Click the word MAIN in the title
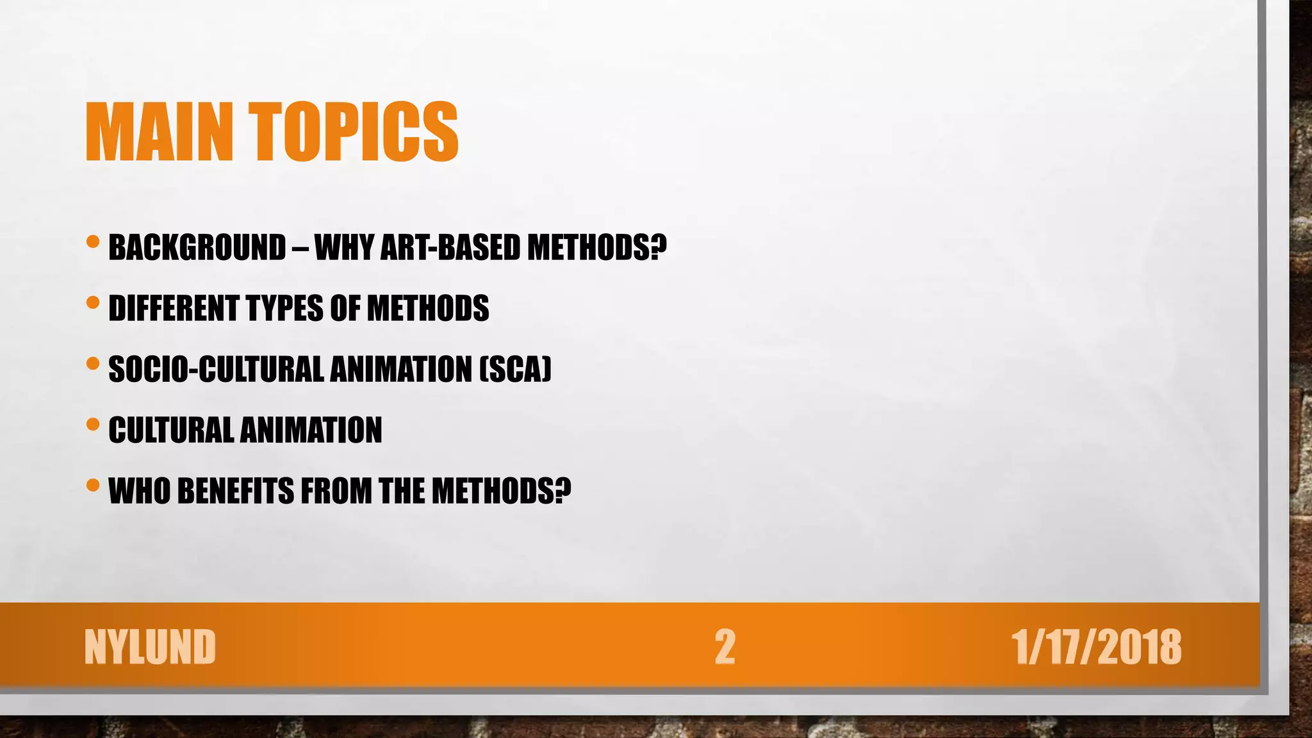pyautogui.click(x=159, y=132)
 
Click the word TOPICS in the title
pyautogui.click(x=354, y=132)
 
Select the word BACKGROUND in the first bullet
pyautogui.click(x=197, y=248)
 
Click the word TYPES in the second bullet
pyautogui.click(x=284, y=309)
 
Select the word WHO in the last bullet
pyautogui.click(x=139, y=491)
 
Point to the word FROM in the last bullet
pyautogui.click(x=336, y=491)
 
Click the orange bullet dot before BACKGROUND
pyautogui.click(x=93, y=242)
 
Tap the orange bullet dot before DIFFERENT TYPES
pyautogui.click(x=93, y=302)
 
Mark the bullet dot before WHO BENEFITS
pyautogui.click(x=93, y=485)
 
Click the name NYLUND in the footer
pyautogui.click(x=150, y=647)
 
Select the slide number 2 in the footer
pyautogui.click(x=725, y=647)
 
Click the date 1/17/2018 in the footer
pyautogui.click(x=1096, y=647)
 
